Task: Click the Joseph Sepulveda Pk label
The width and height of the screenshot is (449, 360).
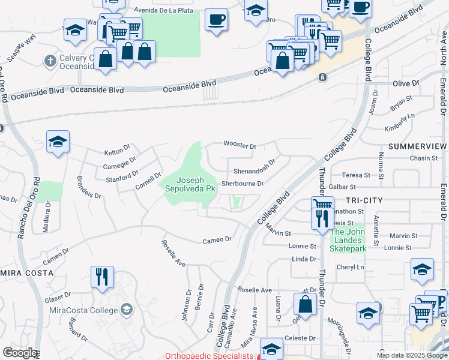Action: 190,184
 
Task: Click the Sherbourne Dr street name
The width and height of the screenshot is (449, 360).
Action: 243,184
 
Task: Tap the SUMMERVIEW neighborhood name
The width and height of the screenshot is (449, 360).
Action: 418,146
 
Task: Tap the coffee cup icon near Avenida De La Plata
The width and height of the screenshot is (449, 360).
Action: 216,19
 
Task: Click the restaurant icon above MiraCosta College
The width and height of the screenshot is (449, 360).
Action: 101,277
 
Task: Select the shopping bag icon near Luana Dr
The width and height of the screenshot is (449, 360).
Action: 306,304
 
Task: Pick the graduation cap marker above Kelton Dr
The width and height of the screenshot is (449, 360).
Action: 58,142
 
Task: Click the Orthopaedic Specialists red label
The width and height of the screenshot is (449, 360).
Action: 209,356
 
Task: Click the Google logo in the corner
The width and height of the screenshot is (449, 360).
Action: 20,353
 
